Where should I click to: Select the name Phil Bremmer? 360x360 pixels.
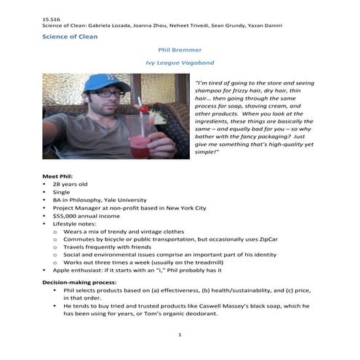[x=180, y=51]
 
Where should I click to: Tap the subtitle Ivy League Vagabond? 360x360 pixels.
[x=180, y=63]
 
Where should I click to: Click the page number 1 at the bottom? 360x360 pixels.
[x=180, y=335]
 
